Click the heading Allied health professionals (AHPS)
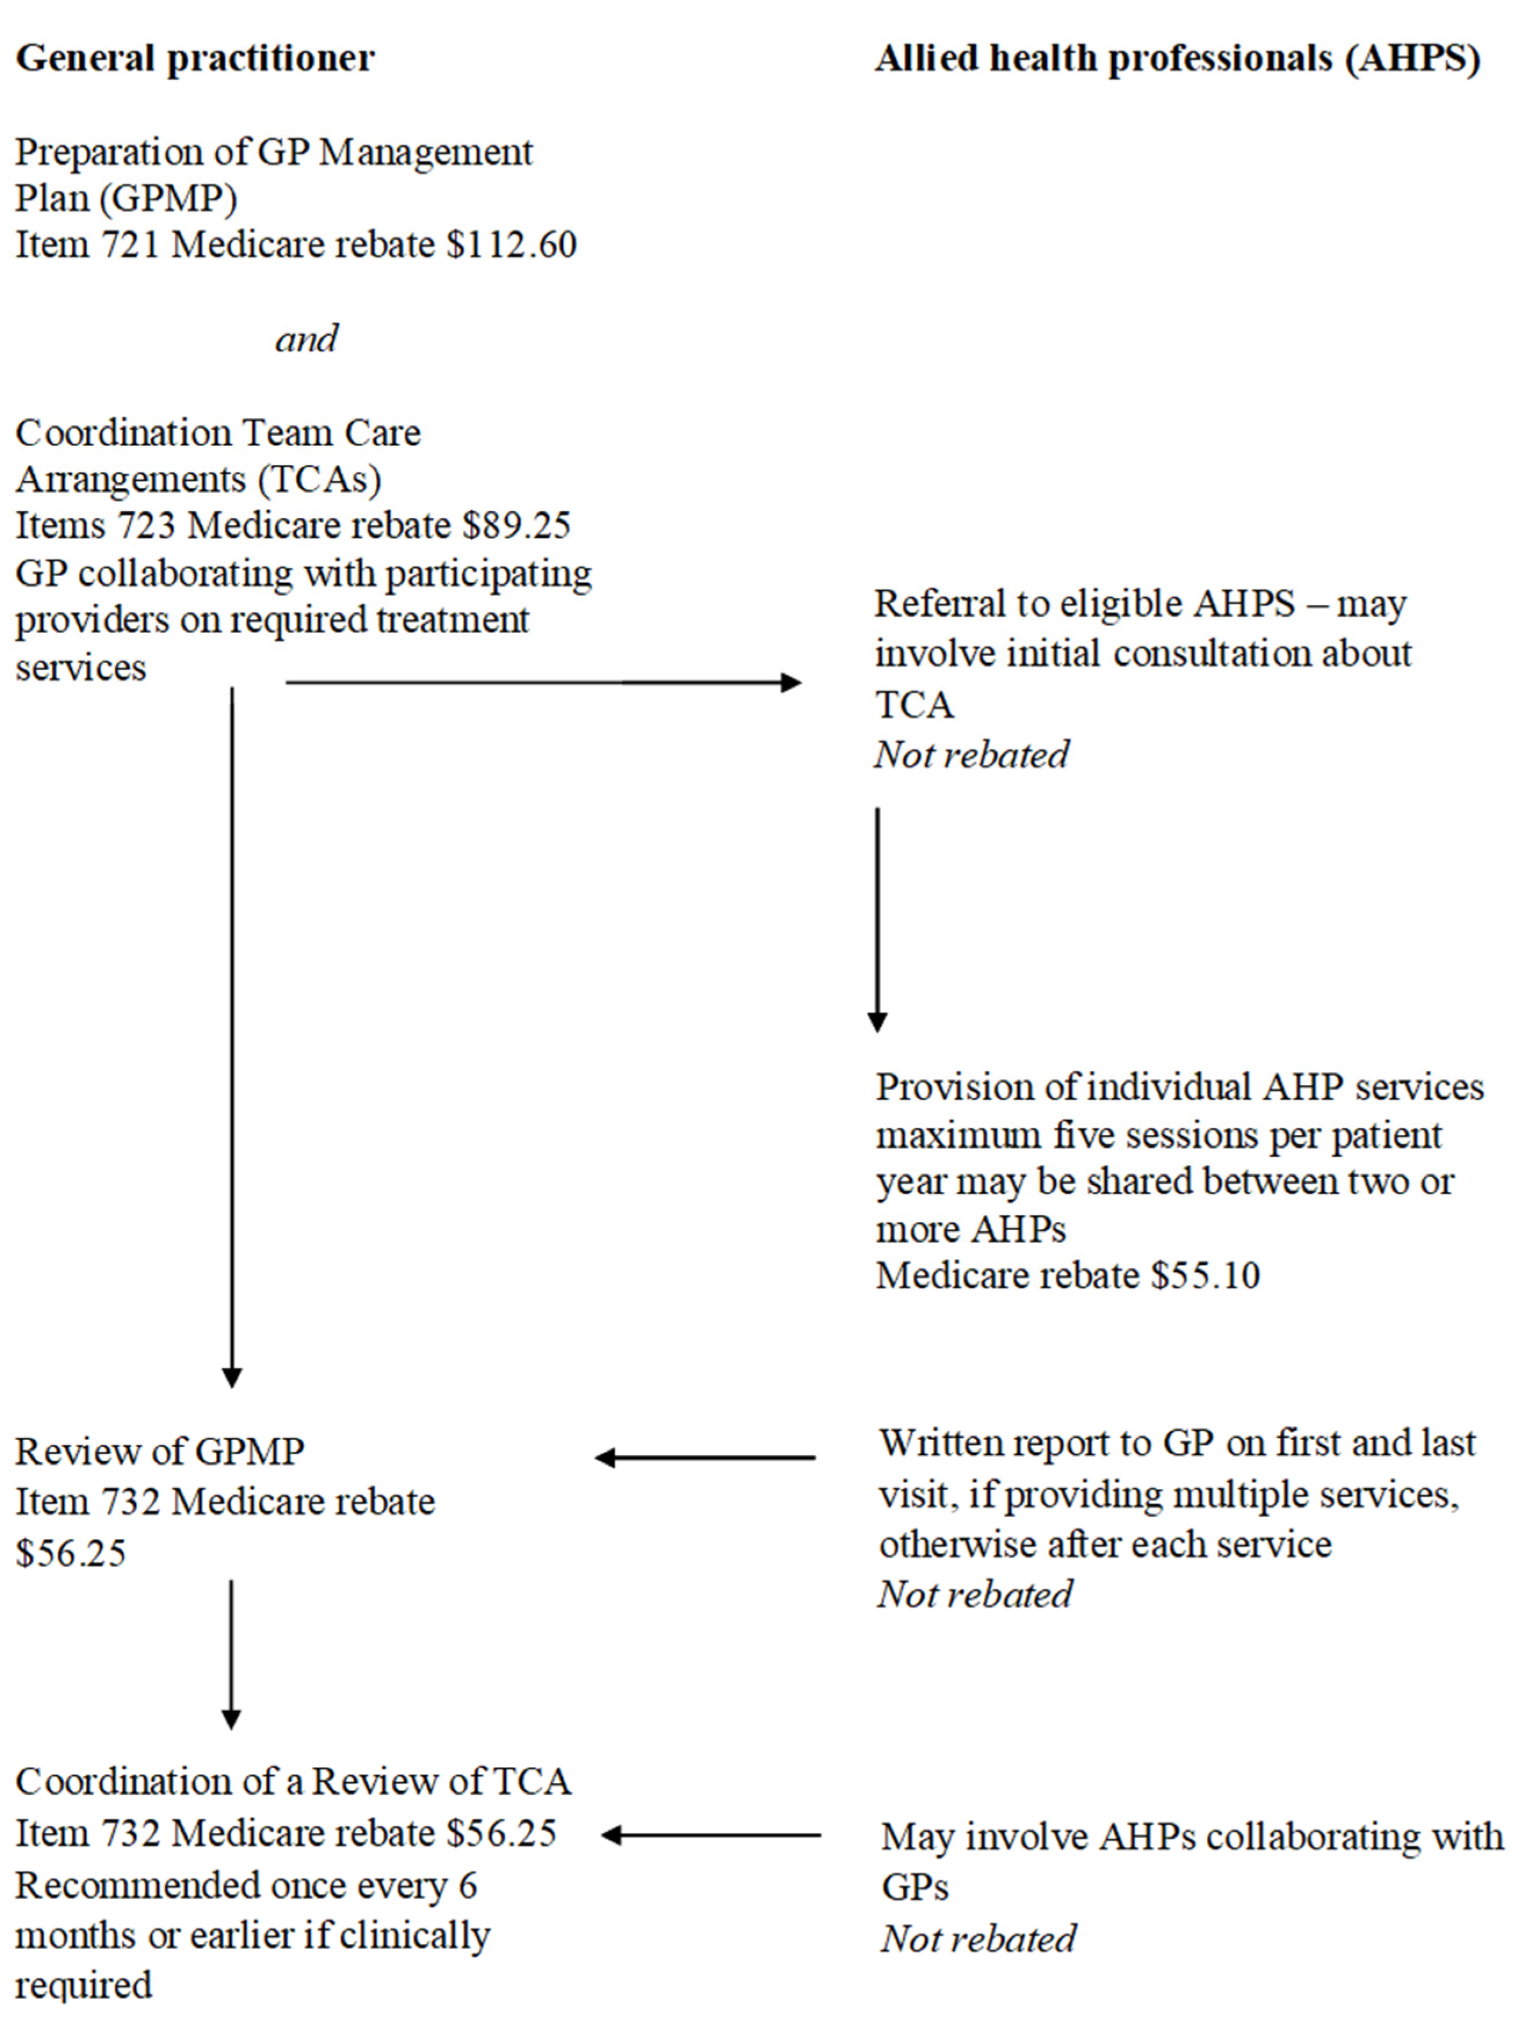pyautogui.click(x=1177, y=59)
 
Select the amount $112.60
pyautogui.click(x=511, y=245)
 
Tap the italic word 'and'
pyautogui.click(x=306, y=339)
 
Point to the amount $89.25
pyautogui.click(x=517, y=526)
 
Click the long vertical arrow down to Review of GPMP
pyautogui.click(x=232, y=1037)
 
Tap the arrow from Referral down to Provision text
pyautogui.click(x=877, y=919)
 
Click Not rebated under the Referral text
pyautogui.click(x=971, y=754)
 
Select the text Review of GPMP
pyautogui.click(x=160, y=1452)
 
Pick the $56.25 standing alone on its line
pyautogui.click(x=71, y=1554)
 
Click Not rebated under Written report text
pyautogui.click(x=975, y=1594)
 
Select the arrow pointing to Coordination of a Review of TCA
pyautogui.click(x=711, y=1835)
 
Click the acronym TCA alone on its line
pyautogui.click(x=914, y=705)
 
